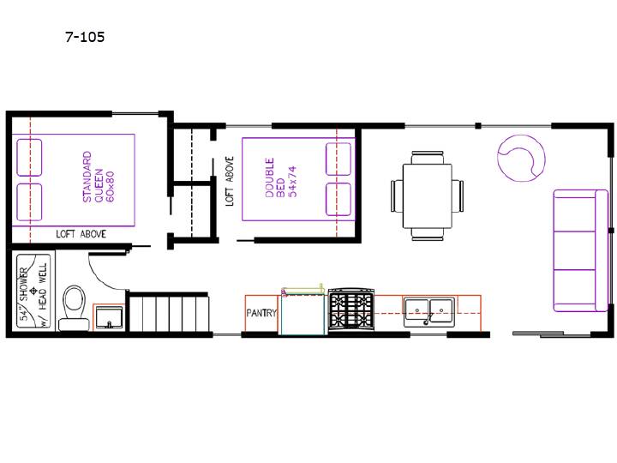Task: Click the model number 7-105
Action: (85, 37)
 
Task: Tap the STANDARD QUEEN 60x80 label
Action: (99, 177)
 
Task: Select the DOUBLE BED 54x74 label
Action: (280, 177)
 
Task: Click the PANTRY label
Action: (261, 313)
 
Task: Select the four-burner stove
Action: (351, 309)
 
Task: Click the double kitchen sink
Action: (429, 312)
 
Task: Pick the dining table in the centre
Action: (428, 196)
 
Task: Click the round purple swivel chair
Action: (521, 158)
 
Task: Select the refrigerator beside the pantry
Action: (303, 311)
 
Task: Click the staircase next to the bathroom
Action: (169, 313)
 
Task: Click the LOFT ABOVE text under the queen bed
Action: (81, 234)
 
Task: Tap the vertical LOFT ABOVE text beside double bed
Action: (230, 181)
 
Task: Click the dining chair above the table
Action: (428, 157)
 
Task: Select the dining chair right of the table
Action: (458, 196)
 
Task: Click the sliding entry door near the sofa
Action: (551, 334)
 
